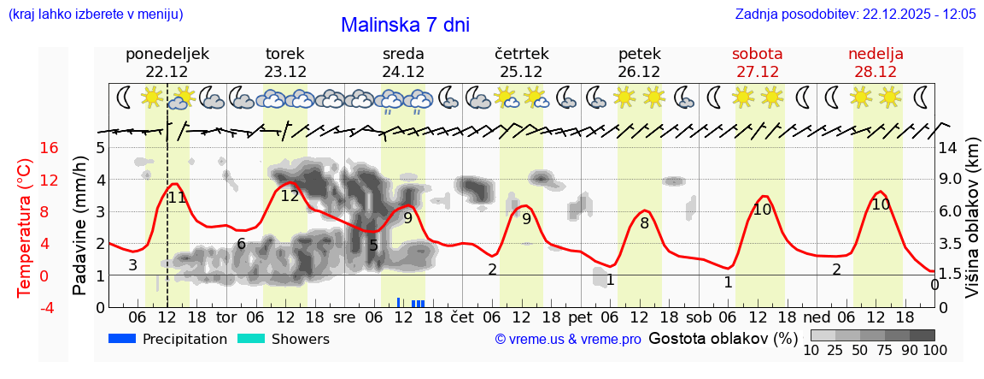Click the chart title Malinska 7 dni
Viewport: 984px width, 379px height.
click(405, 25)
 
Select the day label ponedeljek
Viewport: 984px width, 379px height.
click(167, 54)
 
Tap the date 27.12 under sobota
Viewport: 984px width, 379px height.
click(757, 72)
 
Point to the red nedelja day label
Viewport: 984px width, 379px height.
click(876, 54)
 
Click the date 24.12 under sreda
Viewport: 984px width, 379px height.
click(403, 72)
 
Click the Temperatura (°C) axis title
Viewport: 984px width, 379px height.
click(25, 227)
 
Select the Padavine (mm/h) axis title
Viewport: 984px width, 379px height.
click(80, 226)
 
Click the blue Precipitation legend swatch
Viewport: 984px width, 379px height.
click(123, 339)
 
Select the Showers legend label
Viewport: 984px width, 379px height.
click(300, 339)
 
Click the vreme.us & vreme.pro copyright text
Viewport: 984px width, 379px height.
click(568, 339)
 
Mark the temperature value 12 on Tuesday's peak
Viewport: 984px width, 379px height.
click(290, 196)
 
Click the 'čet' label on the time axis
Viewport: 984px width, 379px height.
click(461, 317)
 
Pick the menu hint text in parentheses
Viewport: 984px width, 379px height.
click(95, 15)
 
